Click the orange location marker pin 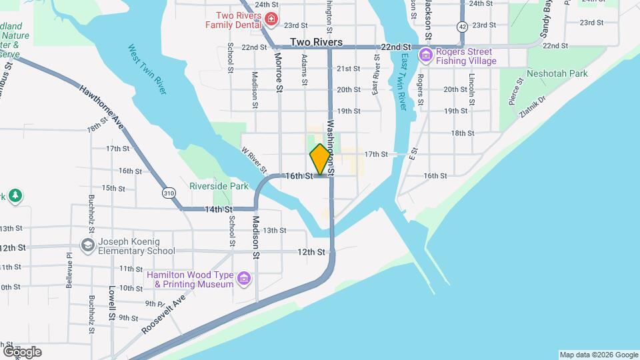pos(320,159)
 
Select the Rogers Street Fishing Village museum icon pos(425,56)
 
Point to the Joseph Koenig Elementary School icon pos(87,246)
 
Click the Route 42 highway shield pos(463,26)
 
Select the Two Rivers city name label pos(317,42)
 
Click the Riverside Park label pos(219,186)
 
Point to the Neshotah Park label pos(557,73)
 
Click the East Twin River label pos(403,82)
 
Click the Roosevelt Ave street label pos(163,315)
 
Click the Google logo pos(22,352)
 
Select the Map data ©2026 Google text pos(598,355)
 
